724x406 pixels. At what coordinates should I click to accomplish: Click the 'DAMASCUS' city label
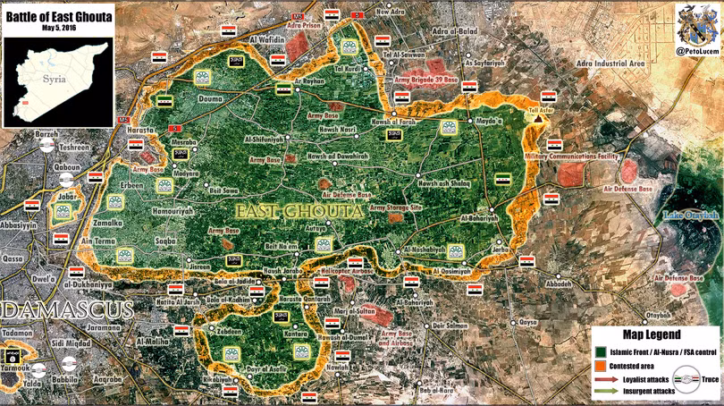pos(67,310)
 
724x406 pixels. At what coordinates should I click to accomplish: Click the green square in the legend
pos(601,351)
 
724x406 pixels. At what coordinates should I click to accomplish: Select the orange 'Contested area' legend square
pos(601,366)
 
